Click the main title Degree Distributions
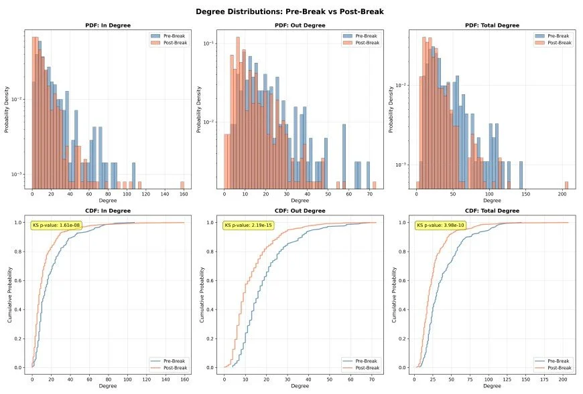point(290,11)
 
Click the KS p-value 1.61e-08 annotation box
point(56,225)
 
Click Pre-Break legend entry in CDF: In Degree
point(171,361)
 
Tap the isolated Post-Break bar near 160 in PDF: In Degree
point(182,184)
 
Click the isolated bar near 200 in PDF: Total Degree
point(566,184)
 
